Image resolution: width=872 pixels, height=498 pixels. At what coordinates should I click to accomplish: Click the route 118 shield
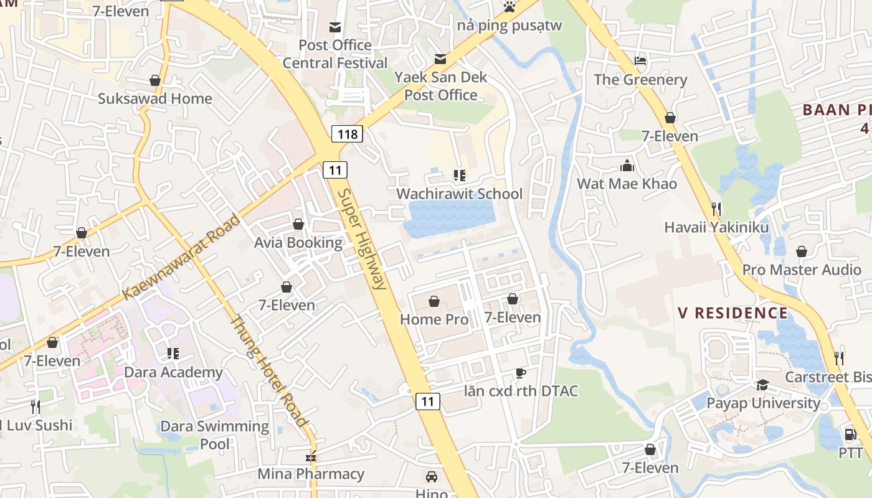pos(347,134)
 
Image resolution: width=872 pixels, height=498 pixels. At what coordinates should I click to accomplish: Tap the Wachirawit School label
pos(460,194)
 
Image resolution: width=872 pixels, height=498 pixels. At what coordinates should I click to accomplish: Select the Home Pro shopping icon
pos(434,302)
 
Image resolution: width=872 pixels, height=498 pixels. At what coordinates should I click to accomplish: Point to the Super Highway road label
pos(363,240)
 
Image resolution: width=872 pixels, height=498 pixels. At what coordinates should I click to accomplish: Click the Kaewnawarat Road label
pos(181,257)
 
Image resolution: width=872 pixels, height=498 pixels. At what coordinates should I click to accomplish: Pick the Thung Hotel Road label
pos(269,372)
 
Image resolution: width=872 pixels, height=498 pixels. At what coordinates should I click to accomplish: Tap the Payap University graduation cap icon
pos(762,385)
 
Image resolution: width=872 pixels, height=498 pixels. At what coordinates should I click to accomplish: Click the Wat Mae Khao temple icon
pos(627,166)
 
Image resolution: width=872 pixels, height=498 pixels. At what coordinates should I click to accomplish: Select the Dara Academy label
pos(174,372)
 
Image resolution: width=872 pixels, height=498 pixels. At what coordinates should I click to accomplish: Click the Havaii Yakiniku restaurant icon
pos(716,209)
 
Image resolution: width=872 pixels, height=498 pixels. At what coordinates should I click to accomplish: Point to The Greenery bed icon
pos(640,61)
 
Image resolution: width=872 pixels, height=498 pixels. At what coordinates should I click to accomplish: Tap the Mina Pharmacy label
pos(311,474)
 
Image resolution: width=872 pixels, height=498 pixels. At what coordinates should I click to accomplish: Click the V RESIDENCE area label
pos(733,312)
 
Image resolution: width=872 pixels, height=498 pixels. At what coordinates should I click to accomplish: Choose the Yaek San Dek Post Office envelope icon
pos(440,59)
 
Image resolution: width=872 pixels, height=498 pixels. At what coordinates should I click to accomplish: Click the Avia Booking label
pos(298,243)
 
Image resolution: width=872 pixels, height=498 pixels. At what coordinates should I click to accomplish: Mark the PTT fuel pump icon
pos(850,434)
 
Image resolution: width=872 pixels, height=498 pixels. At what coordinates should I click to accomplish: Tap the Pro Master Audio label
pos(802,270)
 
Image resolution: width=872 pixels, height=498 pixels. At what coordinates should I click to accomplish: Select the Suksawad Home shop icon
pos(155,80)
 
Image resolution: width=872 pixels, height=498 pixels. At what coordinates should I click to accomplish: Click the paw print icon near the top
pos(509,7)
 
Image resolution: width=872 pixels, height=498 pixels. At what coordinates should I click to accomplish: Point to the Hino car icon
pos(431,477)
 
